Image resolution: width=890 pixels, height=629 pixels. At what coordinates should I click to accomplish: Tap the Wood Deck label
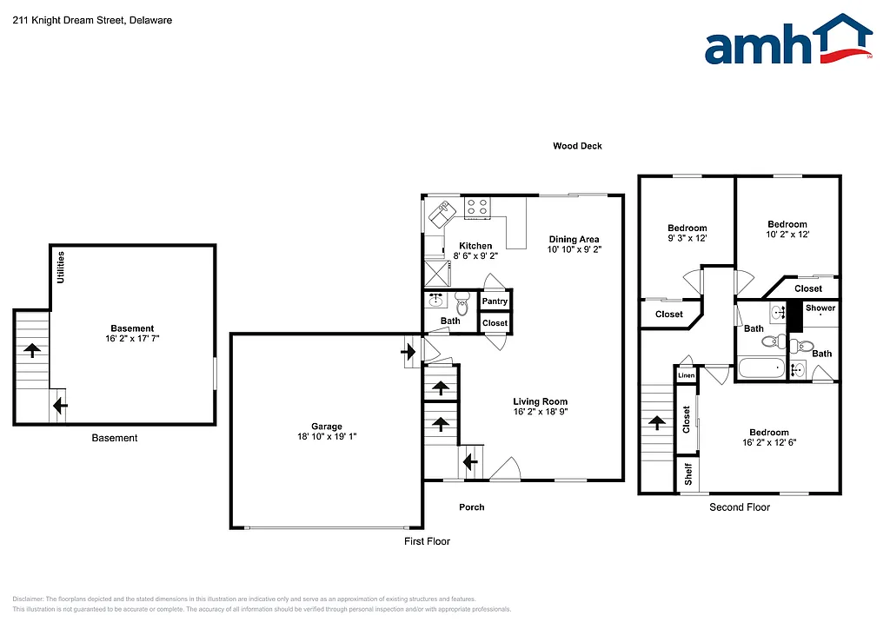577,146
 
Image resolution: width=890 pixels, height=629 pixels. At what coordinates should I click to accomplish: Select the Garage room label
327,427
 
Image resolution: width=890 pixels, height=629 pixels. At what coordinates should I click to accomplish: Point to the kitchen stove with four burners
477,207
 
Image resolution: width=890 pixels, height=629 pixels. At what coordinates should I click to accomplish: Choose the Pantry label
495,301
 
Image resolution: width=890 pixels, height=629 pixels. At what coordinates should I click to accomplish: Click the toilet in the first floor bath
462,306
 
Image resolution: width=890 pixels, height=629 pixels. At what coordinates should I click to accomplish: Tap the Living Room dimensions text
541,412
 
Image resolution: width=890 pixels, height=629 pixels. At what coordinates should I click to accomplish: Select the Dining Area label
574,239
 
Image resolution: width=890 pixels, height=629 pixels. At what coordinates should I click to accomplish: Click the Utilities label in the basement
61,267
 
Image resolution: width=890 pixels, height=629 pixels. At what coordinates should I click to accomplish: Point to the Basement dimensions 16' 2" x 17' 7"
132,339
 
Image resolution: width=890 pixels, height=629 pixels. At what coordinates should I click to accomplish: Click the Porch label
471,507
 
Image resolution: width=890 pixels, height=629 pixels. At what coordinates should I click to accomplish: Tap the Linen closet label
686,375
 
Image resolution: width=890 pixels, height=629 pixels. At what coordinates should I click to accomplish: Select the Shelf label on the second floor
687,473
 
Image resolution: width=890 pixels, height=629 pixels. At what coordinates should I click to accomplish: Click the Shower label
820,308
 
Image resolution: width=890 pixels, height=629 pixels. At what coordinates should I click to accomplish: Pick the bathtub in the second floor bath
760,370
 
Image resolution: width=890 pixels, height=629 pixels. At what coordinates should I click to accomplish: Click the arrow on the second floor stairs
656,423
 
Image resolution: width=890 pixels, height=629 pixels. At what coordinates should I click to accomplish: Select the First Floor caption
427,541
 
